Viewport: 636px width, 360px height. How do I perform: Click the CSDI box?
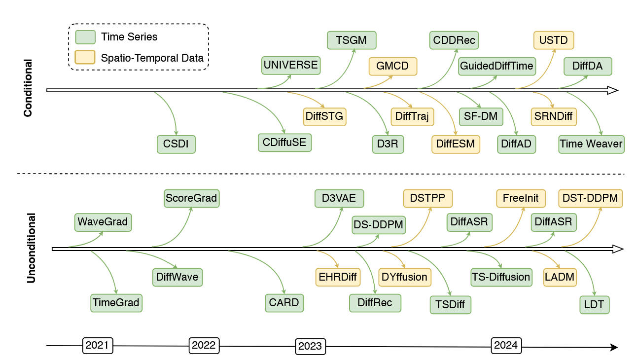(176, 144)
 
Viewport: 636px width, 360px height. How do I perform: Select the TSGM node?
(352, 40)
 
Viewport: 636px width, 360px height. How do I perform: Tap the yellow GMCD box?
(392, 66)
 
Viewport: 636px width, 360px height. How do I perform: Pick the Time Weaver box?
(591, 144)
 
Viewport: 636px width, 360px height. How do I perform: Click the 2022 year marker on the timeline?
(204, 345)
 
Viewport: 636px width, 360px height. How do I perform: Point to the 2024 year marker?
(506, 345)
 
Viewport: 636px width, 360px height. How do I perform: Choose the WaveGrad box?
(103, 222)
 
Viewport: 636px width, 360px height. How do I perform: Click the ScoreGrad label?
(191, 198)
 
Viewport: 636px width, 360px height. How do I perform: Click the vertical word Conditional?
(28, 88)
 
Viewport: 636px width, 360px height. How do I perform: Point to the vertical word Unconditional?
(31, 248)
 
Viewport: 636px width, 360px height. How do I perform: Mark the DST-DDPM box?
(591, 198)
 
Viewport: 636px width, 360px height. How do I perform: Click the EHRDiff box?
(338, 277)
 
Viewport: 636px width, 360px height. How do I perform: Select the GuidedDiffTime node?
(496, 66)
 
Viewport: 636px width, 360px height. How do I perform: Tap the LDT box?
(594, 304)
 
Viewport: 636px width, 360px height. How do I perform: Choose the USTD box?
(554, 40)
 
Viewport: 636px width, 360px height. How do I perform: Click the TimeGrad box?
(116, 302)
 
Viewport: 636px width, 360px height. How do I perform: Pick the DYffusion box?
(404, 277)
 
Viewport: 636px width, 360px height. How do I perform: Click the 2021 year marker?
(97, 345)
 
